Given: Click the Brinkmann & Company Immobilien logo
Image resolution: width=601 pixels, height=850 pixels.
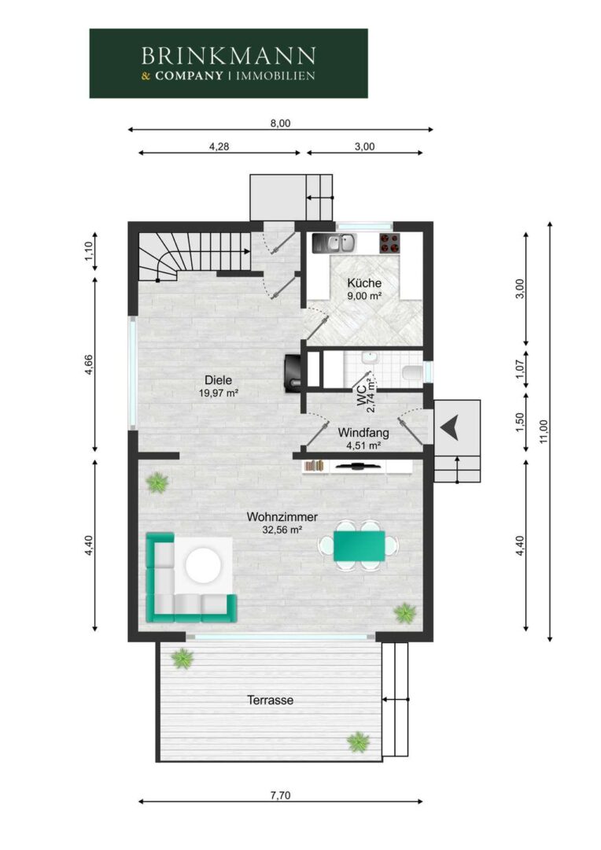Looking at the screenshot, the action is pos(228,64).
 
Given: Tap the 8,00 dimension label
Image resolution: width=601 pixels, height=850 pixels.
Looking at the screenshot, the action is pos(280,124).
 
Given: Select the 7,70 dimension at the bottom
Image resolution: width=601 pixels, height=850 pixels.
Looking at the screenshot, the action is pos(280,796).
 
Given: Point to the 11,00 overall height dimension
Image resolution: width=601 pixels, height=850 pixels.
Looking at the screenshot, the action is pos(544,431).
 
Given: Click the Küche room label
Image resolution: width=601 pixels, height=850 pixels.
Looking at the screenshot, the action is pos(364,283).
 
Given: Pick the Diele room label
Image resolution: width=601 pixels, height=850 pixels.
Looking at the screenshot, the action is pos(219,380).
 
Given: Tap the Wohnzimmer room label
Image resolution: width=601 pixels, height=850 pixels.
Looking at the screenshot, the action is pos(282,517).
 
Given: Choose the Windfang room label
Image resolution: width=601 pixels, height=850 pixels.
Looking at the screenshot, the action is pos(363,433).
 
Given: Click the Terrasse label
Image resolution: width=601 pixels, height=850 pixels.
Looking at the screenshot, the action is pos(271,700).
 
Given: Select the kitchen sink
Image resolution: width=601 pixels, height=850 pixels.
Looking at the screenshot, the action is pos(334,242).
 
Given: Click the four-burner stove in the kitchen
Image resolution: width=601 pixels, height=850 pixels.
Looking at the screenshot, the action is pos(389,243).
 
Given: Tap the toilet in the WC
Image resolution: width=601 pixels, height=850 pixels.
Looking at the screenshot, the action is pos(412,372).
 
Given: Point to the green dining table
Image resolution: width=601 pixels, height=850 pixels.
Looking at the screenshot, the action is pos(359,546).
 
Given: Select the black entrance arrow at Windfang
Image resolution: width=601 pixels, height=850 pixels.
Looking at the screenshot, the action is pos(450,427).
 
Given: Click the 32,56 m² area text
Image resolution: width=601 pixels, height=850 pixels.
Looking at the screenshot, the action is pos(282,530).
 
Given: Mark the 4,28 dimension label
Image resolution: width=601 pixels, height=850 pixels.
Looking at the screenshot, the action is pos(219,146).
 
